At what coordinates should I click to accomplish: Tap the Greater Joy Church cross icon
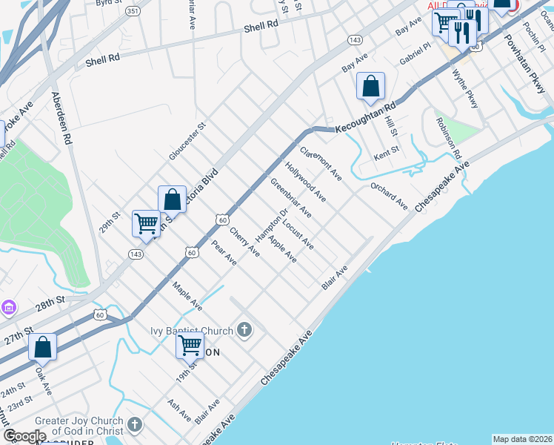(134, 425)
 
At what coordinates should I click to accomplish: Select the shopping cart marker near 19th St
(190, 346)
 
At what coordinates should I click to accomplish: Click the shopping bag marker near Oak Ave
(42, 346)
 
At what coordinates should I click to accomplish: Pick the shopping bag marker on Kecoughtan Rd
(370, 86)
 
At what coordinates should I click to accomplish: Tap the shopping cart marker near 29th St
(146, 223)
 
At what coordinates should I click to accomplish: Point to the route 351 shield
(133, 11)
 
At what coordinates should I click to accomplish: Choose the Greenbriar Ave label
(290, 198)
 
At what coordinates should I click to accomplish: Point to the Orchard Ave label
(390, 197)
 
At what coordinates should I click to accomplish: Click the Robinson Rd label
(448, 138)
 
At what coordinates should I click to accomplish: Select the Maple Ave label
(187, 296)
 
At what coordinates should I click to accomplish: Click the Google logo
(24, 436)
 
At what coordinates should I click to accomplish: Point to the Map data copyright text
(521, 439)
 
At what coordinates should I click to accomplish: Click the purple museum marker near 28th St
(8, 307)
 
